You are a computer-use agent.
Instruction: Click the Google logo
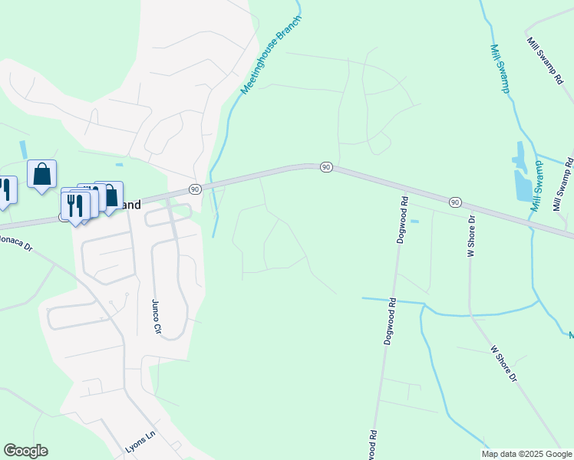coord(25,451)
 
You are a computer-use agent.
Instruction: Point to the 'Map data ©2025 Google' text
coord(526,454)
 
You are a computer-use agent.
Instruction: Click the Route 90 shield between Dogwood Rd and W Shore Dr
coord(455,202)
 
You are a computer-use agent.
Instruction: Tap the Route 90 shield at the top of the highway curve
coord(326,167)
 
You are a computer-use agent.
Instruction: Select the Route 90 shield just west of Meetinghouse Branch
coord(195,189)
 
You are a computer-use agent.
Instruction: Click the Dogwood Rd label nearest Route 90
coord(401,220)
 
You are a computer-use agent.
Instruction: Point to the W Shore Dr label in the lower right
coord(506,363)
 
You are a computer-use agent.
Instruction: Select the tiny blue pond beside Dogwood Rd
coord(415,222)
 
